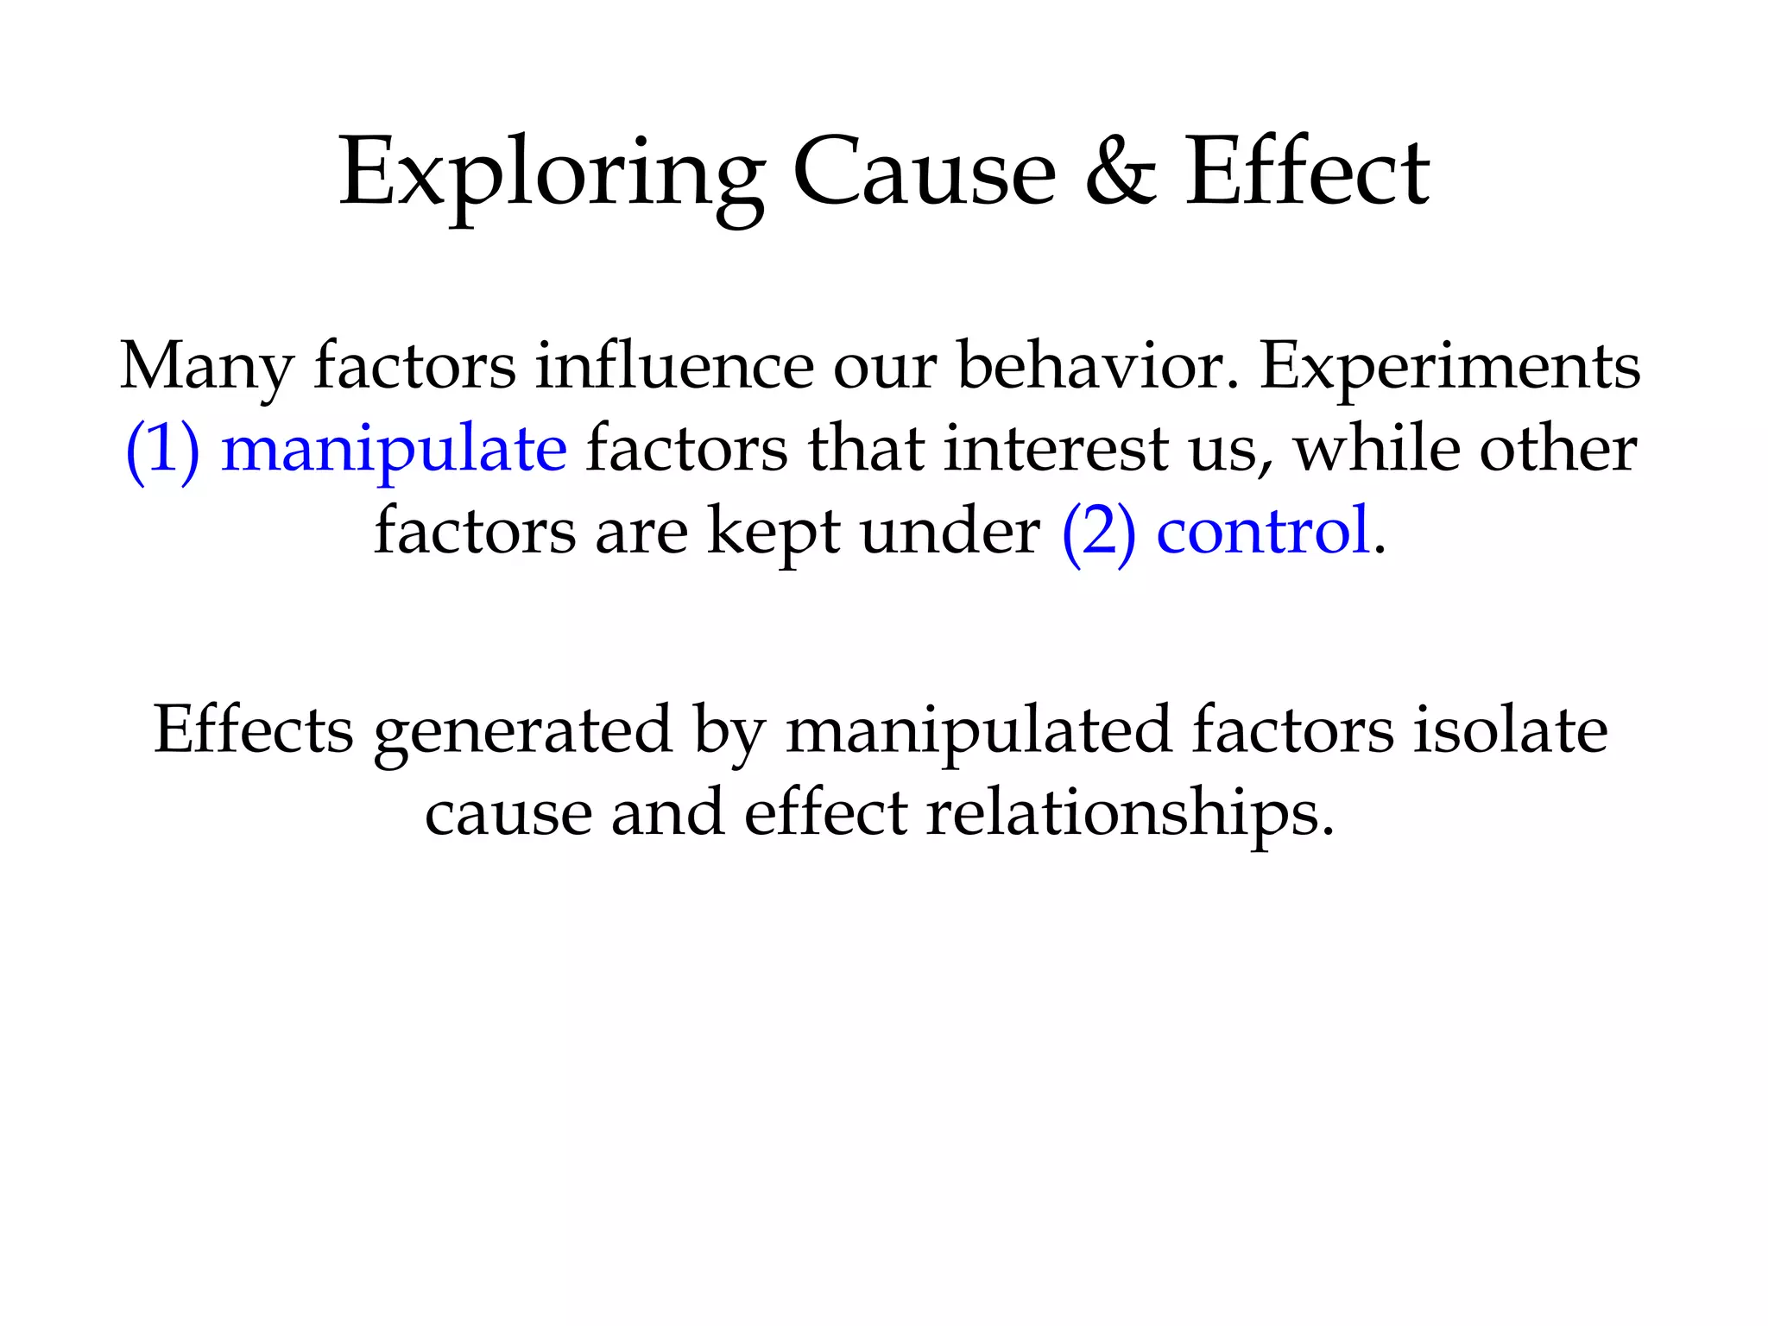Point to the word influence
(674, 366)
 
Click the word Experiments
(1450, 366)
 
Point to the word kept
(773, 532)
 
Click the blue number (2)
(1098, 532)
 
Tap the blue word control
(1263, 532)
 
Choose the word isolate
(1510, 730)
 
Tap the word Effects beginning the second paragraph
(253, 730)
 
